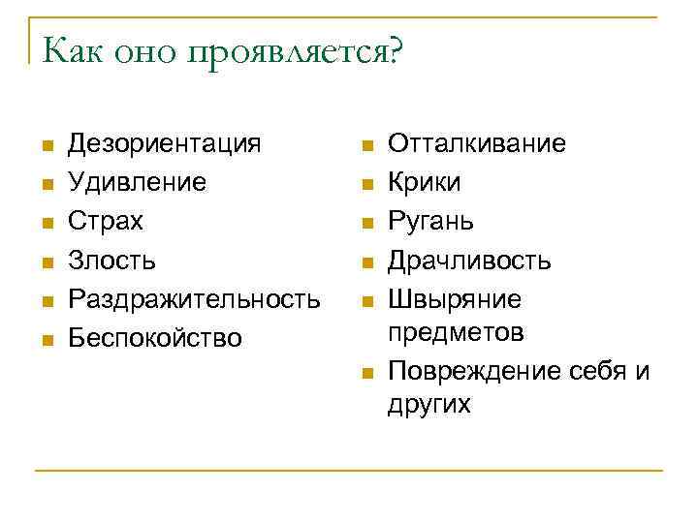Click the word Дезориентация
pos(164,144)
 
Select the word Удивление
pos(137,183)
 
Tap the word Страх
pos(105,222)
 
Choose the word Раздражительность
pos(194,299)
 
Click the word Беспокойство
pos(155,338)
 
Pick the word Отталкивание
pos(477,144)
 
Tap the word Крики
pos(425,183)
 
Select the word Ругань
pos(431,222)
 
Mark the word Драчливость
pos(469,261)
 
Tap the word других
pos(428,405)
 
